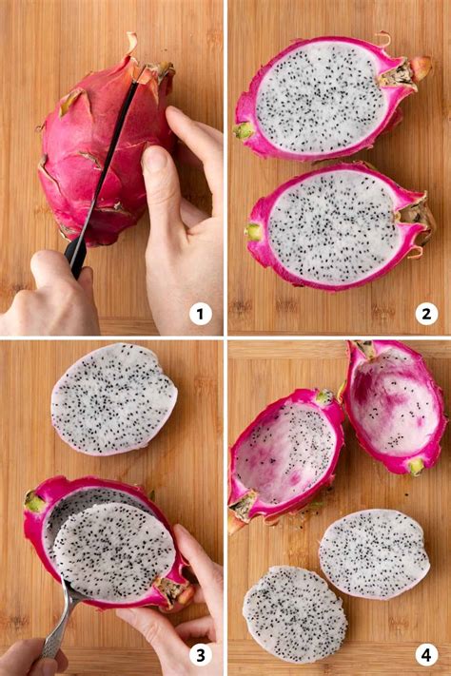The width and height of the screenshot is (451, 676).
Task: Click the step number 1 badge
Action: pos(200,313)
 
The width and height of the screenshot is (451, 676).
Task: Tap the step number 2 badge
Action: pos(425,313)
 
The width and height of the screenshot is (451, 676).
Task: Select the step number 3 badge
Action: pos(200,655)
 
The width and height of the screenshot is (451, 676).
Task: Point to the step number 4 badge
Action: pos(425,655)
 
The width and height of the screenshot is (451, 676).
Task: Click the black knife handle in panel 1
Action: pos(75,254)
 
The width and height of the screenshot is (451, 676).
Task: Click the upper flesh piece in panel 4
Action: pos(373,553)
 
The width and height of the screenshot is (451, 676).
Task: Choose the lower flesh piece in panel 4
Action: pos(294,613)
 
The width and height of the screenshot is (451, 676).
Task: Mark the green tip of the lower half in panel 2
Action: pos(253,232)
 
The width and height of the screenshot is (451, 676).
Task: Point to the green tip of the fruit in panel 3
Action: pos(34,501)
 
